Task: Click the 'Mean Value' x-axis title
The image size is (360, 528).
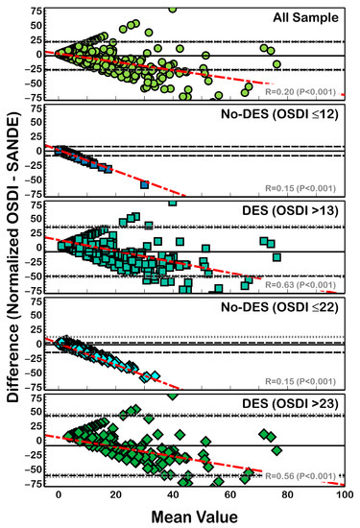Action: (x=201, y=517)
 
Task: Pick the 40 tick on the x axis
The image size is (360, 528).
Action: (x=173, y=495)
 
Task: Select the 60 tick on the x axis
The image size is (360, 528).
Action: (x=229, y=495)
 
